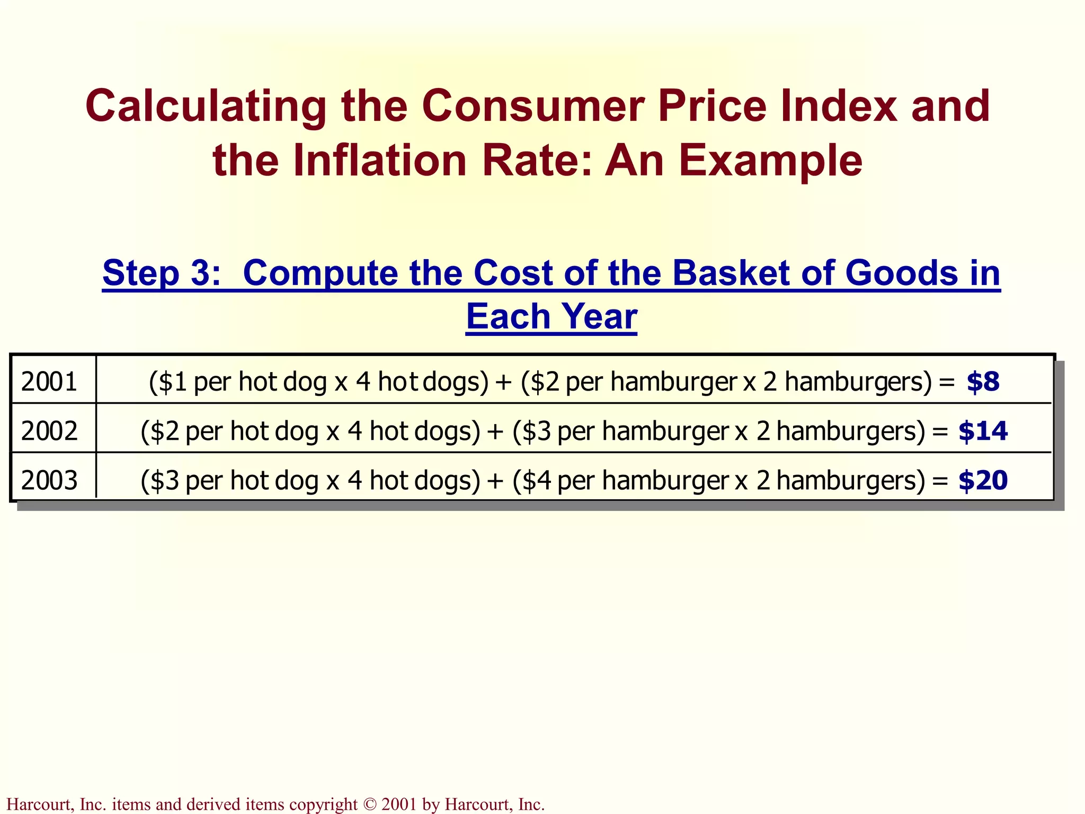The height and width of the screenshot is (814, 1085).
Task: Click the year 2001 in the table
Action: pos(49,382)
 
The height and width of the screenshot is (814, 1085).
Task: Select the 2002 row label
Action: pos(49,431)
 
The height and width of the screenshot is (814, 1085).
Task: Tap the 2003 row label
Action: pos(49,480)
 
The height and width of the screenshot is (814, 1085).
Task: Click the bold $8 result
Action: pos(983,382)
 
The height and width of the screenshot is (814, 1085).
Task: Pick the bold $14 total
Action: pos(983,431)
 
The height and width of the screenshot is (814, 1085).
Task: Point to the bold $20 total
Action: pos(983,480)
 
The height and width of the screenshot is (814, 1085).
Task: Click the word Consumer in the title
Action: pos(533,106)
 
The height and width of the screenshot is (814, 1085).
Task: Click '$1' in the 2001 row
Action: pos(173,382)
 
